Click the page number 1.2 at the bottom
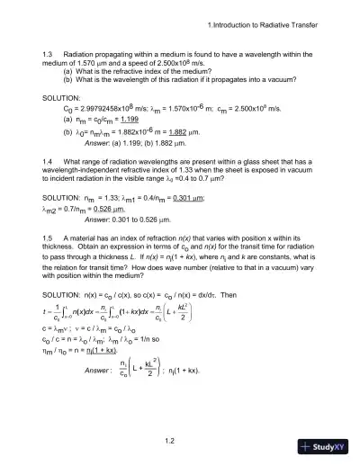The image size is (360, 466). point(181,440)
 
